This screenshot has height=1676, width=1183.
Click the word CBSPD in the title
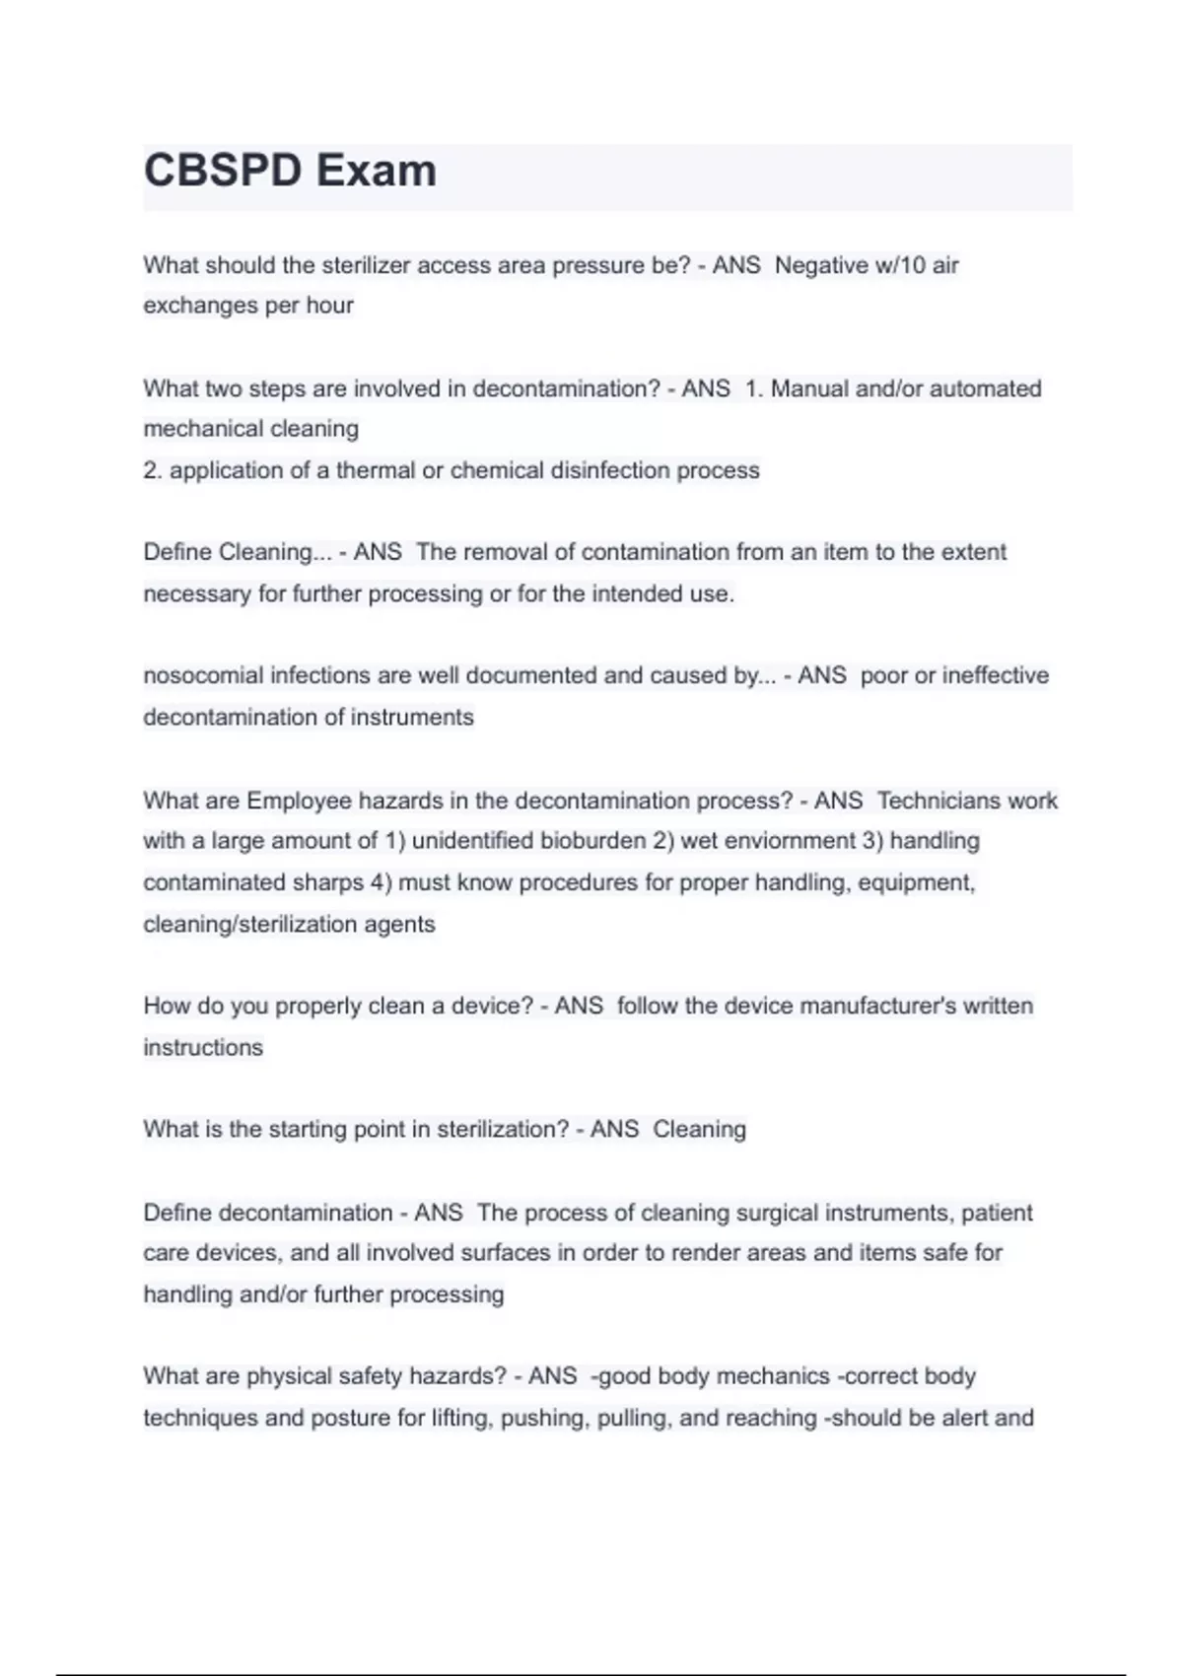223,171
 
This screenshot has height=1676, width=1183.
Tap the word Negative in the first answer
821,265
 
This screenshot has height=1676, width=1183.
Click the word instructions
203,1047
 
